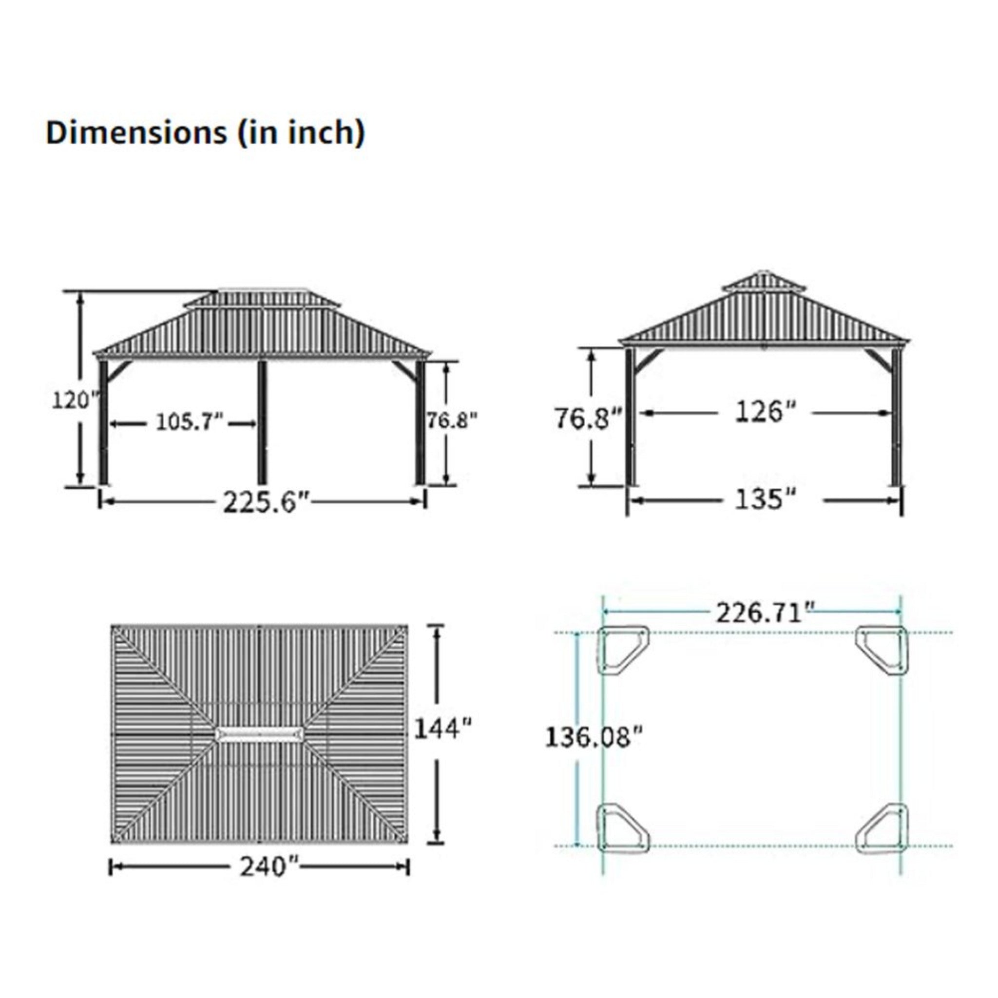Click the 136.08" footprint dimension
(594, 738)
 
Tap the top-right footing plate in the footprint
(882, 650)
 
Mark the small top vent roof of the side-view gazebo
(764, 282)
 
